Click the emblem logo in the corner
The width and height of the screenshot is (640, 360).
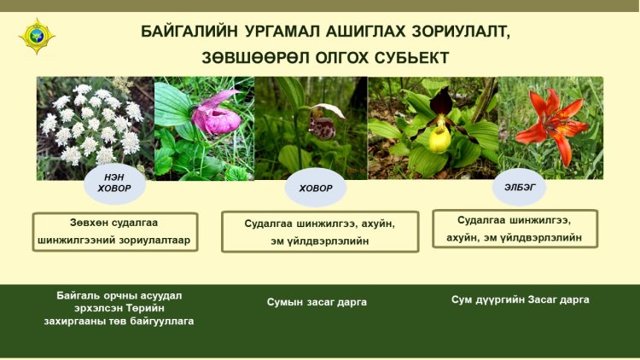coord(37,36)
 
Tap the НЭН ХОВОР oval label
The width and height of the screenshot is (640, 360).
coord(114,183)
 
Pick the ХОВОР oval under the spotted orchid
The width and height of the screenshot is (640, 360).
coord(316,189)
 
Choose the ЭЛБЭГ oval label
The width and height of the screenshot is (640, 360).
coord(519,188)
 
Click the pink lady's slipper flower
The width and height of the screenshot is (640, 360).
coord(216,114)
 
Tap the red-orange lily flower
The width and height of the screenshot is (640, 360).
coord(552,123)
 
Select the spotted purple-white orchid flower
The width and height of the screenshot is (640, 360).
coord(323,122)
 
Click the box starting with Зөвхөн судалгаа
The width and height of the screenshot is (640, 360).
coord(115,231)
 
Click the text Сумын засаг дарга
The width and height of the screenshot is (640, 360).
coord(317,302)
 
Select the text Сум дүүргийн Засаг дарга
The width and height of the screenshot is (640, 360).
coord(520,299)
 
